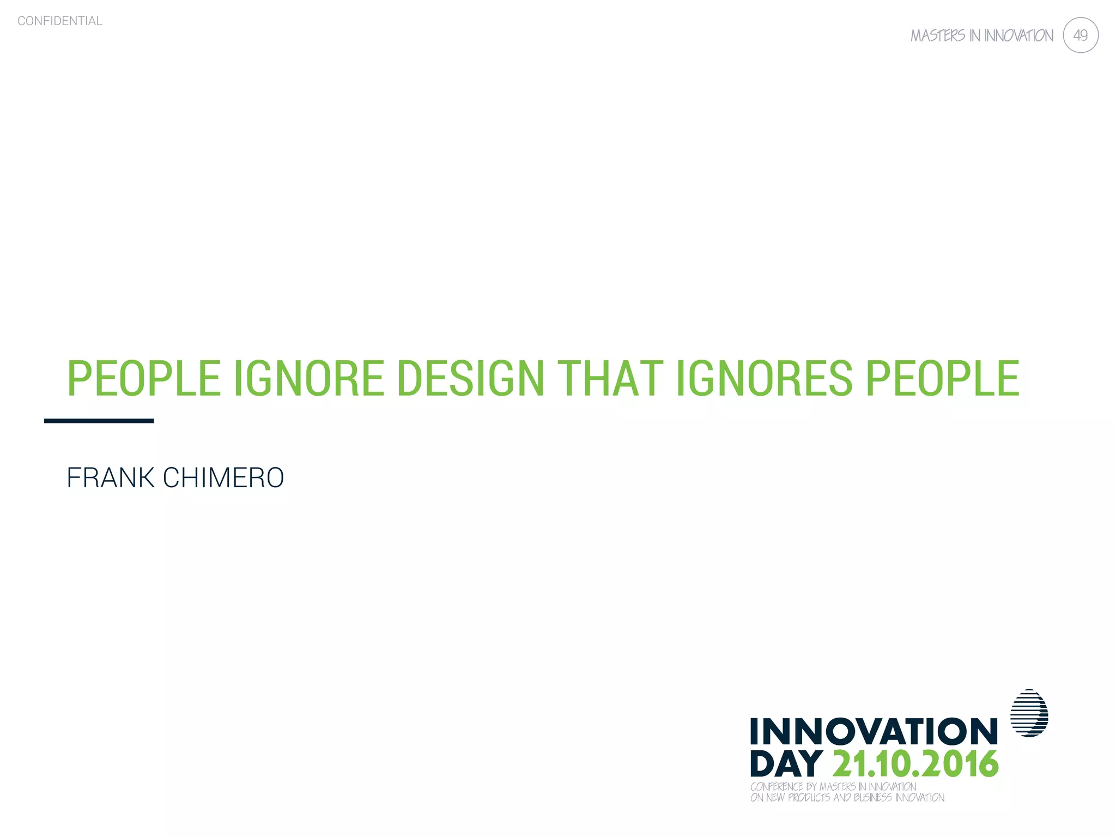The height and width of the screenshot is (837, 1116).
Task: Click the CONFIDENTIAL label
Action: click(x=60, y=21)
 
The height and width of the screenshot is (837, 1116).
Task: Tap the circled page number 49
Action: click(x=1080, y=35)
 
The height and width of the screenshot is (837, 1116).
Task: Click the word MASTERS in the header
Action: click(x=937, y=36)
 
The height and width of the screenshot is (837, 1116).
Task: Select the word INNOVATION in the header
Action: click(x=1018, y=36)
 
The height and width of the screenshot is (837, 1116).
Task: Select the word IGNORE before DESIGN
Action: click(x=309, y=378)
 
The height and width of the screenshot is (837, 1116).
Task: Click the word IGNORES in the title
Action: click(x=763, y=378)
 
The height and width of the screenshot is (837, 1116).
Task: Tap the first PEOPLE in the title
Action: click(x=144, y=378)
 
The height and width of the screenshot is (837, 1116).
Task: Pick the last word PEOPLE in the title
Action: click(x=942, y=378)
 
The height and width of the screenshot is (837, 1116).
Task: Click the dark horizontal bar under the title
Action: click(x=99, y=421)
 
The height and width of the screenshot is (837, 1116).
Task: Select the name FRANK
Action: click(x=111, y=478)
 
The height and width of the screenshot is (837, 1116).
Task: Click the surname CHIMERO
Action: click(x=223, y=478)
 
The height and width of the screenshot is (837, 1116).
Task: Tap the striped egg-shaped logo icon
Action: click(x=1029, y=713)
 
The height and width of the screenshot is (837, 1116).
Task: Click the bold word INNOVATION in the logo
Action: click(x=874, y=731)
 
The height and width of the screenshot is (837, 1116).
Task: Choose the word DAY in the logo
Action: click(x=786, y=764)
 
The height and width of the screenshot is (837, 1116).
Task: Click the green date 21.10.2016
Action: click(x=915, y=764)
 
